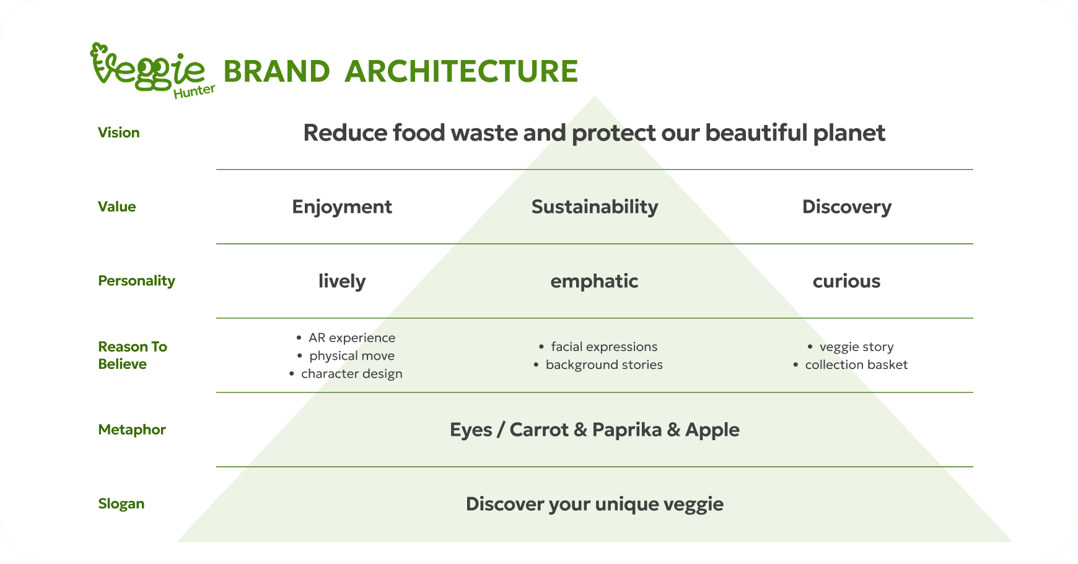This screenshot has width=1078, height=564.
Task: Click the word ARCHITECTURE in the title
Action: (461, 71)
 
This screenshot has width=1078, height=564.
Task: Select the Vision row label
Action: (119, 132)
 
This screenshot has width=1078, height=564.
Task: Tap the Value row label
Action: (117, 207)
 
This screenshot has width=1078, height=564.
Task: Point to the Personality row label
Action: (137, 281)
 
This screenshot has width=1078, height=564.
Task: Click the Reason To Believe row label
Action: (133, 355)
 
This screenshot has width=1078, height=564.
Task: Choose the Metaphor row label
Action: (132, 430)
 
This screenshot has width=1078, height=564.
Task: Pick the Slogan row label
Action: (121, 504)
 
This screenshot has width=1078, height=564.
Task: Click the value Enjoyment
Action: (342, 207)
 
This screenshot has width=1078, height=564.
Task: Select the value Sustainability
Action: (595, 207)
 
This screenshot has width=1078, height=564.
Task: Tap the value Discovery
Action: (847, 207)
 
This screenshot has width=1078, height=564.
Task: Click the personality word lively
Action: (342, 281)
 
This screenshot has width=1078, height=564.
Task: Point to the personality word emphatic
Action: (595, 281)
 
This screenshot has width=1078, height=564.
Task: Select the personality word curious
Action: (847, 281)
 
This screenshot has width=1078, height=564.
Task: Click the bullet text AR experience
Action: (352, 338)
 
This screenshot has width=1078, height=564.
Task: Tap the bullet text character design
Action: (352, 374)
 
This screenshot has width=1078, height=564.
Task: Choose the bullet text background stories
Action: (604, 365)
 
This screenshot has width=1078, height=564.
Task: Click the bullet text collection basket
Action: (856, 365)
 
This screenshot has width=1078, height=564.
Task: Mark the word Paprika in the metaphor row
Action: (627, 430)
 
